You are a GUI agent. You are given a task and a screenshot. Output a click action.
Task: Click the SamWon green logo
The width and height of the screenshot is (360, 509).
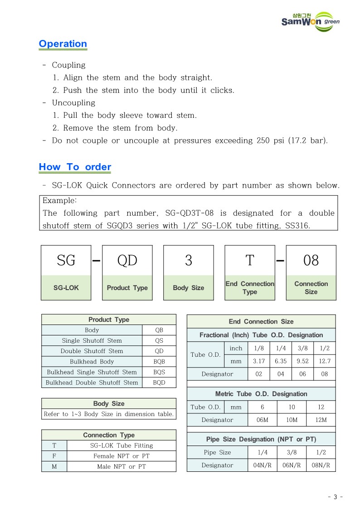click(310, 21)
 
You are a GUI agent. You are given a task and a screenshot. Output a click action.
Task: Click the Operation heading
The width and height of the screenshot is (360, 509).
click(63, 44)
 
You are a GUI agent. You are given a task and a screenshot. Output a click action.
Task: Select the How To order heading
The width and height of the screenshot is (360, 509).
click(75, 167)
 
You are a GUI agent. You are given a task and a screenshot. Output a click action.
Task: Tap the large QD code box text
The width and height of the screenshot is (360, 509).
click(127, 261)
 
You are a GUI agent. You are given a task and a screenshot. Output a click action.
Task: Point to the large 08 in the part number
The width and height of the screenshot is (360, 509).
click(311, 261)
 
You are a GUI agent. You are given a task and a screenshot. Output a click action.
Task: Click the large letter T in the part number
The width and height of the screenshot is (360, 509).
click(250, 261)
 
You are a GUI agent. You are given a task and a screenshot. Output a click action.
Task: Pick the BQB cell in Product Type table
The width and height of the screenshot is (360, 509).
click(159, 362)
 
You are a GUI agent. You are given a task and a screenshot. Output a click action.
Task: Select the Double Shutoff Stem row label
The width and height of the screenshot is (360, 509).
click(92, 351)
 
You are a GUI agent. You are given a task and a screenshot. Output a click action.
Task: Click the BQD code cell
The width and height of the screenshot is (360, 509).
click(159, 383)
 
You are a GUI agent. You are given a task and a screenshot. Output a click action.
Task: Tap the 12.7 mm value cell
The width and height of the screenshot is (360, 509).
click(325, 361)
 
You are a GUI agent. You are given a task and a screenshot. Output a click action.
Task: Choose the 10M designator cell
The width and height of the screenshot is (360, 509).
click(292, 420)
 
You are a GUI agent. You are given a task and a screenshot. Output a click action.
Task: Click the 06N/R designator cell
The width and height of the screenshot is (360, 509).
click(292, 465)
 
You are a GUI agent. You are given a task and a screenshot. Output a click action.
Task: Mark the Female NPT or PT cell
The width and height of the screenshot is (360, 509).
click(121, 456)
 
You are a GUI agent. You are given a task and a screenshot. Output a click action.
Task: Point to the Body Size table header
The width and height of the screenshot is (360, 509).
click(109, 403)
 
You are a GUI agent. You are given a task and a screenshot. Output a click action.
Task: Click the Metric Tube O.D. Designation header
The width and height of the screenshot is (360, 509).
click(261, 394)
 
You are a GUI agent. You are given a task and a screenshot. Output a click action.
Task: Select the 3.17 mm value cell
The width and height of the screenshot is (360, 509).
click(259, 361)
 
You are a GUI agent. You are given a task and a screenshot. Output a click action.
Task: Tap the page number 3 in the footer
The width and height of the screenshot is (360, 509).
click(335, 497)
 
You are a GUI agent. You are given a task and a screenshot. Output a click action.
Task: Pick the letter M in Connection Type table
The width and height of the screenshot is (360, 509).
click(54, 466)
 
